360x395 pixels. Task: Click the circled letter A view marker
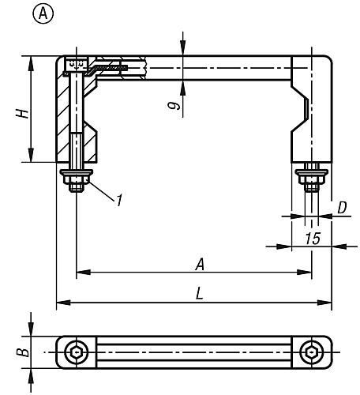(43, 13)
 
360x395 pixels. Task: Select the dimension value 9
(174, 106)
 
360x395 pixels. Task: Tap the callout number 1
(119, 200)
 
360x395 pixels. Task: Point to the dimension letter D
(342, 208)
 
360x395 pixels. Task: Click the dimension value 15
(313, 239)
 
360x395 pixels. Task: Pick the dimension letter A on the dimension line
(200, 265)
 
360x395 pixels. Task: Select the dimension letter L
(200, 293)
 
